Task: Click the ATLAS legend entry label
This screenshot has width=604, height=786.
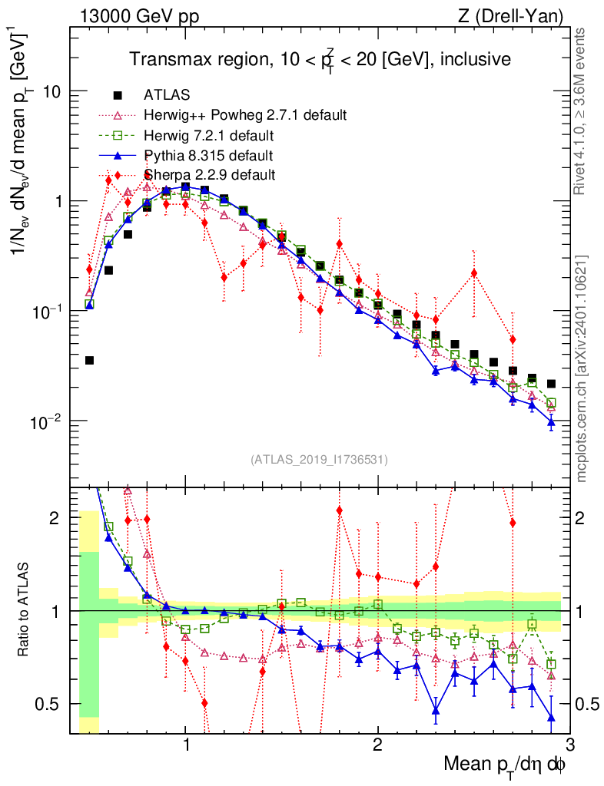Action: (167, 95)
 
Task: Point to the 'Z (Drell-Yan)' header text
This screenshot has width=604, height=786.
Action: (519, 15)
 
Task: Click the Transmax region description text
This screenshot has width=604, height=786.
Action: (320, 59)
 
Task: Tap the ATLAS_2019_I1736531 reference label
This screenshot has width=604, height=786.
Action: (319, 460)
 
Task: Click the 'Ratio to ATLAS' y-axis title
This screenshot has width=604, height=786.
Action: (25, 610)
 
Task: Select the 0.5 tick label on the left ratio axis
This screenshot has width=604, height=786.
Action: (48, 704)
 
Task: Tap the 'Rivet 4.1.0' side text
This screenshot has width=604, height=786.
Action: (582, 111)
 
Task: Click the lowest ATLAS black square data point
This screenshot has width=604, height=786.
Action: (89, 360)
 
